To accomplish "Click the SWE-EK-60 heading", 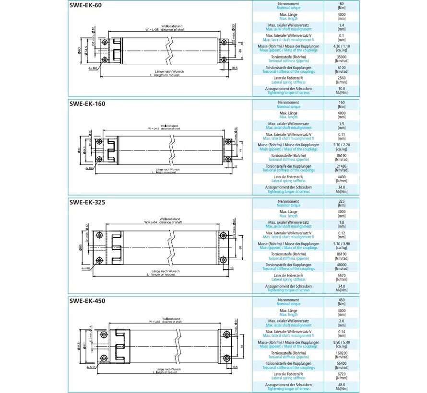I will (x=85, y=5).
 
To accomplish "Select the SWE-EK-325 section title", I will (x=87, y=202).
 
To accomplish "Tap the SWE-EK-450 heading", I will (x=87, y=301).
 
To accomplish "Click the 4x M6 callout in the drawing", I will (x=93, y=69).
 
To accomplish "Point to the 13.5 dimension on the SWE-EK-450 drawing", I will (x=235, y=367).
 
